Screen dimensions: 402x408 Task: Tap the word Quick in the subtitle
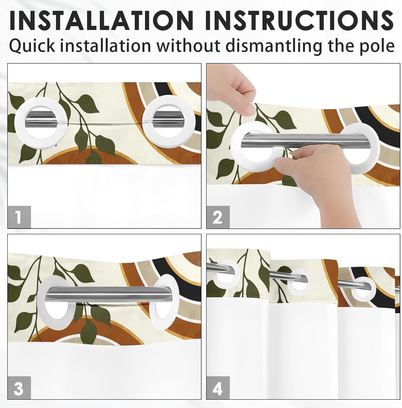coord(32,46)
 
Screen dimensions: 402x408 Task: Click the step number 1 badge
coord(19,217)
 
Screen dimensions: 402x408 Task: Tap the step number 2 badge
coord(218,217)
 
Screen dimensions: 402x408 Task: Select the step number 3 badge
coord(19,388)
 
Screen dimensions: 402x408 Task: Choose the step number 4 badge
coord(218,388)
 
